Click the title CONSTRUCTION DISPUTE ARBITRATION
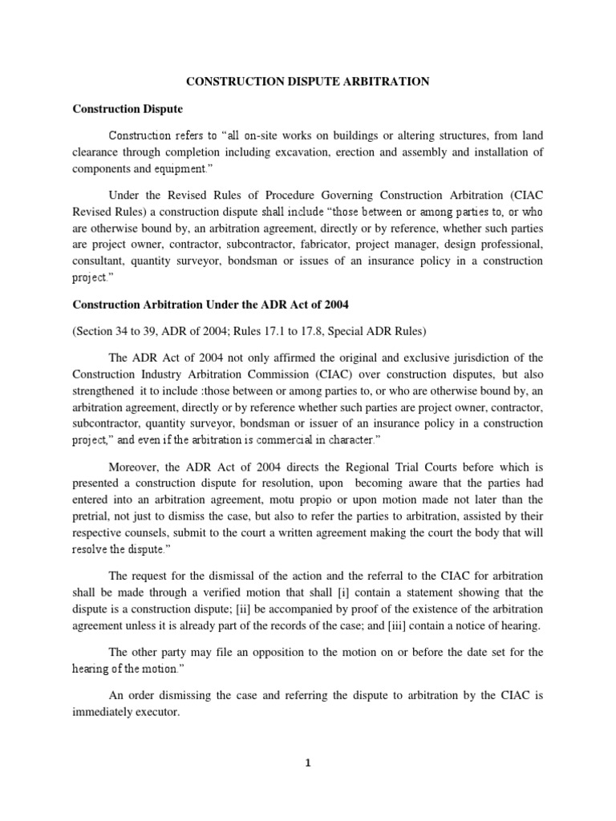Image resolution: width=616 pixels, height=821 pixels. [x=308, y=82]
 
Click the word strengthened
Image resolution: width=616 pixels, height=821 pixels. [x=106, y=391]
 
